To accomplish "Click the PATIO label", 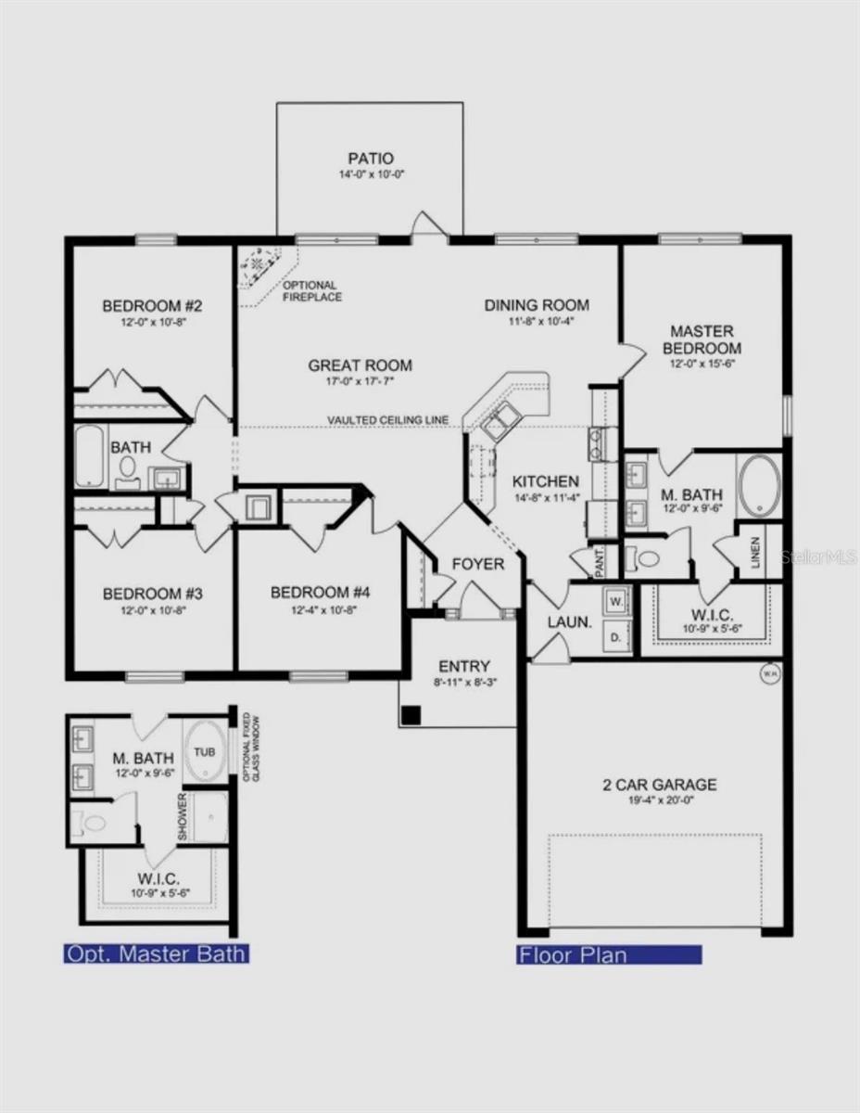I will [x=371, y=159].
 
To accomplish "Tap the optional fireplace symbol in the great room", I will [x=257, y=266].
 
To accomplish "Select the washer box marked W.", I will [x=616, y=601].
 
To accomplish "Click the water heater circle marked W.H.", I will [x=769, y=674].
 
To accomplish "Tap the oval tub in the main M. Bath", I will [x=760, y=485].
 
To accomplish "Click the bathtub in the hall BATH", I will [x=90, y=455].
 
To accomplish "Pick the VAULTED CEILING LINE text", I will [x=387, y=421].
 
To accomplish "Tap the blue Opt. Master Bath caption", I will [x=156, y=953].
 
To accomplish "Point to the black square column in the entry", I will [x=411, y=715].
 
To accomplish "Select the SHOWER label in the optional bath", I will [x=183, y=816].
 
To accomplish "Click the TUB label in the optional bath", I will [x=205, y=751].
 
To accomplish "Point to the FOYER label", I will [x=478, y=564].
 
